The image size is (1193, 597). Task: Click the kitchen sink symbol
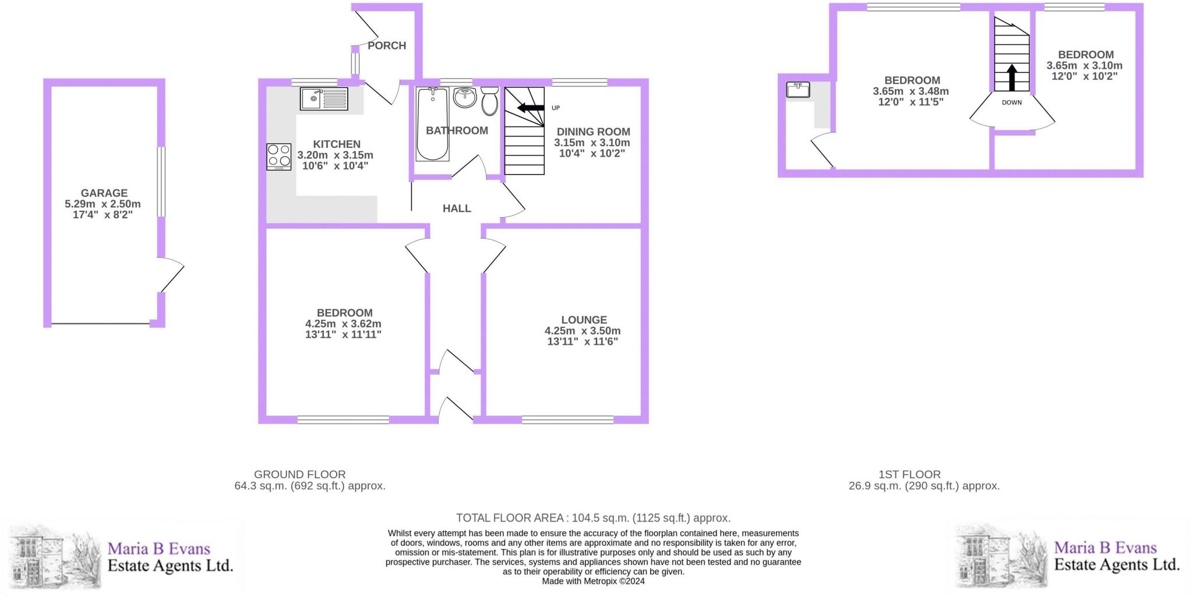(x=324, y=98)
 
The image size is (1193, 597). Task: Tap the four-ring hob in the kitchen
(x=279, y=157)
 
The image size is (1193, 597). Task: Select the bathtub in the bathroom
(x=432, y=124)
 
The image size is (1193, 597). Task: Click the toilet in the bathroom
(x=489, y=101)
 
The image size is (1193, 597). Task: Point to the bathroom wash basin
(x=465, y=98)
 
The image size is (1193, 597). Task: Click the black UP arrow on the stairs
(x=531, y=107)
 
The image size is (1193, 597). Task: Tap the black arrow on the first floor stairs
(x=1012, y=77)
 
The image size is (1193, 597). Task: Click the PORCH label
(x=387, y=45)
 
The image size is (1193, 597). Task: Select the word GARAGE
(x=104, y=193)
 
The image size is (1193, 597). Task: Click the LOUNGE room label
(x=584, y=320)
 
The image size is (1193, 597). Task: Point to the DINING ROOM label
(x=593, y=132)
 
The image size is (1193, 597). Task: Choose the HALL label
(x=457, y=209)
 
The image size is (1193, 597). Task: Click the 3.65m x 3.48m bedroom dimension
(x=911, y=91)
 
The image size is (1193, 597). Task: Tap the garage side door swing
(x=171, y=274)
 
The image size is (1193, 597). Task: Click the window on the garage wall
(x=161, y=182)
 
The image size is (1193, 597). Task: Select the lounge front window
(x=567, y=419)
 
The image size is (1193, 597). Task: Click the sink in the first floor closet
(x=797, y=90)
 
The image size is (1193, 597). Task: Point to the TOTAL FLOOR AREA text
(x=593, y=518)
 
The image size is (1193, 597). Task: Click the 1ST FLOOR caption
(x=909, y=475)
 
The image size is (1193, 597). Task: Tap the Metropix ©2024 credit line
(x=593, y=581)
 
